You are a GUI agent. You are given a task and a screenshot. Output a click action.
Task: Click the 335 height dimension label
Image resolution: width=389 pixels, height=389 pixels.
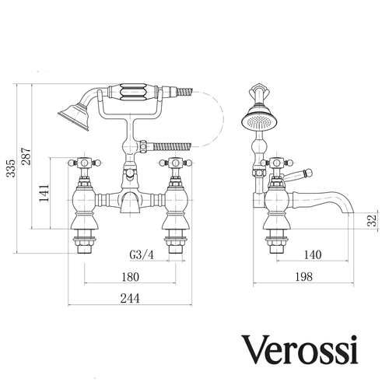[x=11, y=168]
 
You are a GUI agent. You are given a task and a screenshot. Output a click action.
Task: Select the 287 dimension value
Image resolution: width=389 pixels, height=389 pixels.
[x=26, y=156]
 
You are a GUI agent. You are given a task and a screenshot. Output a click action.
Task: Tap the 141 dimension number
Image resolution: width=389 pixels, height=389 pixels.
[x=44, y=193]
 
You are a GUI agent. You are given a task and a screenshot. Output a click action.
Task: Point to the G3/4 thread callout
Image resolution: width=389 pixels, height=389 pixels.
[x=142, y=255]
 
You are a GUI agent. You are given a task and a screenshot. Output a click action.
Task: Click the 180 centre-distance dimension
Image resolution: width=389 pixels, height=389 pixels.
[x=130, y=277]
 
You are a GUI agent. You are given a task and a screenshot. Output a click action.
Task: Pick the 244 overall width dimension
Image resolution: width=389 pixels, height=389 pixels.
[x=130, y=299]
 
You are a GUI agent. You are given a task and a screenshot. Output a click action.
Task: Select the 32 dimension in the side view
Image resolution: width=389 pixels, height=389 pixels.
[x=372, y=220]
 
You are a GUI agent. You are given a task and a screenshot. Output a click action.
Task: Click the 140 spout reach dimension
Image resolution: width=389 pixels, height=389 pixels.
[x=313, y=254]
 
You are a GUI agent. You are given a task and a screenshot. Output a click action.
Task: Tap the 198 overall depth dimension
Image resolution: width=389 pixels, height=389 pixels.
[x=303, y=277]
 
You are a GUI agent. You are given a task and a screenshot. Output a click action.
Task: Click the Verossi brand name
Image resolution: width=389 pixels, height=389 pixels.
[x=300, y=350]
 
